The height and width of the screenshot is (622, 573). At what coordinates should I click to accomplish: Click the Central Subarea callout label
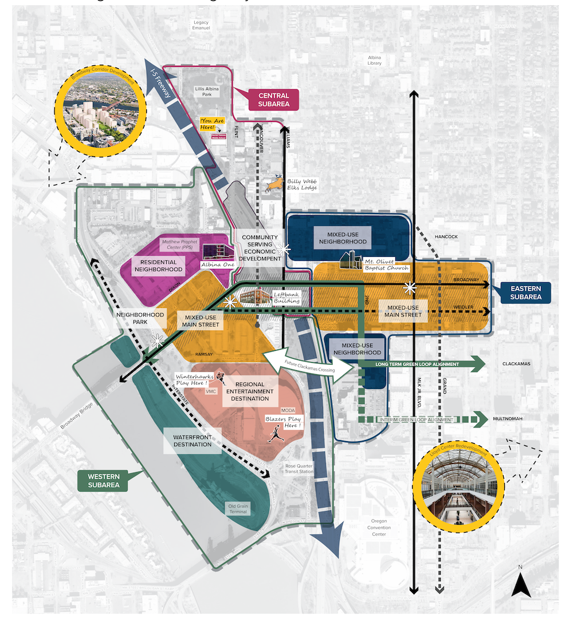point(274,100)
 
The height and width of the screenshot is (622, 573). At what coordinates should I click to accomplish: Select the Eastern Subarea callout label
point(525,292)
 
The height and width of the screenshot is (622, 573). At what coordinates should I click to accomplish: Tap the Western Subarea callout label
point(103,481)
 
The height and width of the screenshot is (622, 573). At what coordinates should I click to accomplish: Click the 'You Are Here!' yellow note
point(210,123)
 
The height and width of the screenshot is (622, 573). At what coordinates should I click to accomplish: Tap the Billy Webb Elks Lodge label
point(303,184)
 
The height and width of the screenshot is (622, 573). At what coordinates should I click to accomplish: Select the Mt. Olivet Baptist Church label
point(386,264)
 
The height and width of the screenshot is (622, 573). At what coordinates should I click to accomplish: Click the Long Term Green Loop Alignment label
point(418,364)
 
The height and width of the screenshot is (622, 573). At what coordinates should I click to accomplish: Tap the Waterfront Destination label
point(193,440)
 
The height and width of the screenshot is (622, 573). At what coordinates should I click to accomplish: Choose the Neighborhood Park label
point(140,318)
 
